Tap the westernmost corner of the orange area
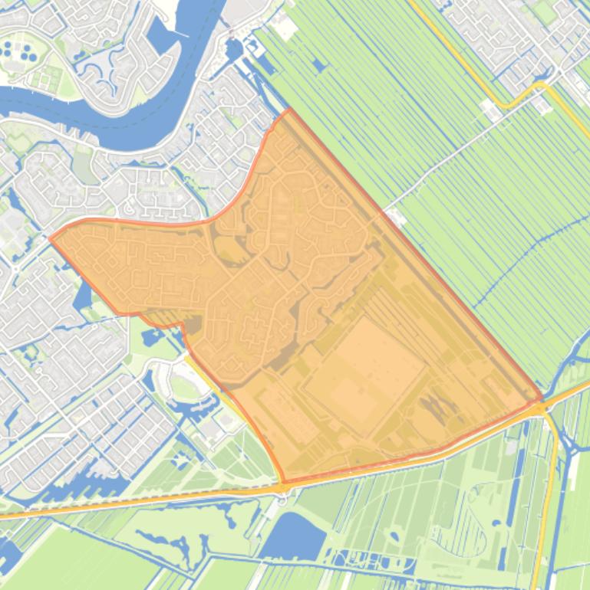click(51, 238)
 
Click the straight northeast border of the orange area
click(414, 254)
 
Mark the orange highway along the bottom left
click(115, 504)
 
